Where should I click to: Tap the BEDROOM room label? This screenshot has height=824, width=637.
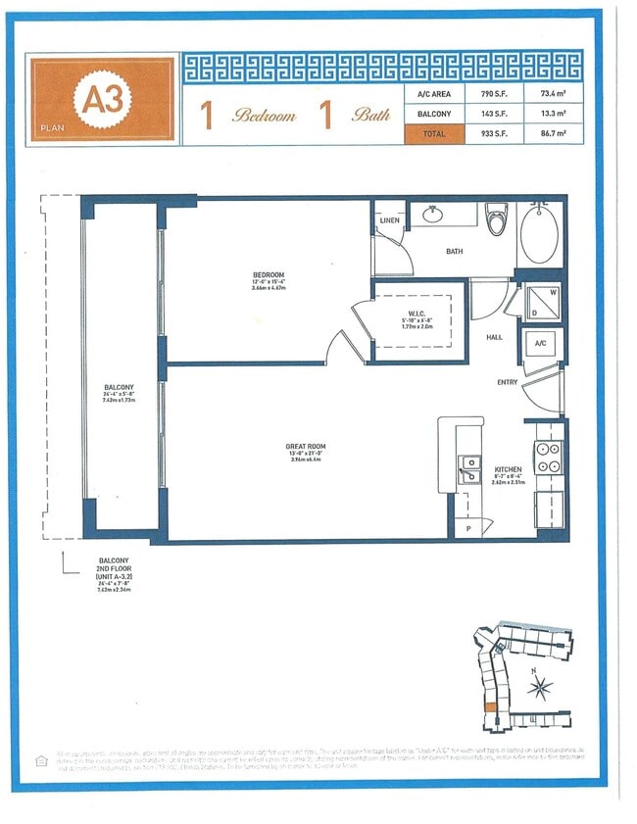pyautogui.click(x=268, y=273)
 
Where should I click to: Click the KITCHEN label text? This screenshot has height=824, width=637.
pyautogui.click(x=508, y=470)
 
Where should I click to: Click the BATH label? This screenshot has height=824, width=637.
pyautogui.click(x=454, y=252)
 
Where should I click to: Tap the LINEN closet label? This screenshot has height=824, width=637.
pyautogui.click(x=388, y=220)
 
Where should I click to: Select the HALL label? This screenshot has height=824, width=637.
pyautogui.click(x=495, y=336)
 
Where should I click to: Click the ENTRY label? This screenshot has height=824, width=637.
pyautogui.click(x=507, y=382)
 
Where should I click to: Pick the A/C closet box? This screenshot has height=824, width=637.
pyautogui.click(x=539, y=343)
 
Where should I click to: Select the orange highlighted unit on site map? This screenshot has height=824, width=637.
pyautogui.click(x=489, y=707)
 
